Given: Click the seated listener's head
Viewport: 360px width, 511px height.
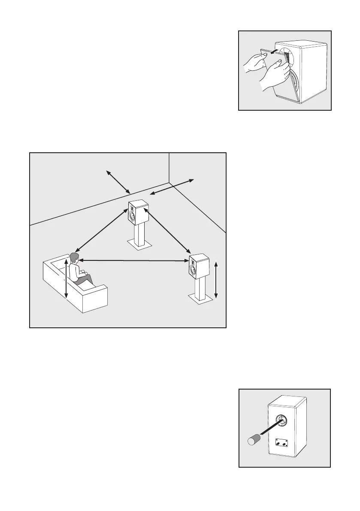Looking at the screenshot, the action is click(x=75, y=258).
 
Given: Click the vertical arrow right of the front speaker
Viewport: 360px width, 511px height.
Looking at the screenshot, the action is click(x=216, y=279).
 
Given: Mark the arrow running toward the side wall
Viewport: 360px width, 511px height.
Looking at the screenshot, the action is click(x=171, y=189).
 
